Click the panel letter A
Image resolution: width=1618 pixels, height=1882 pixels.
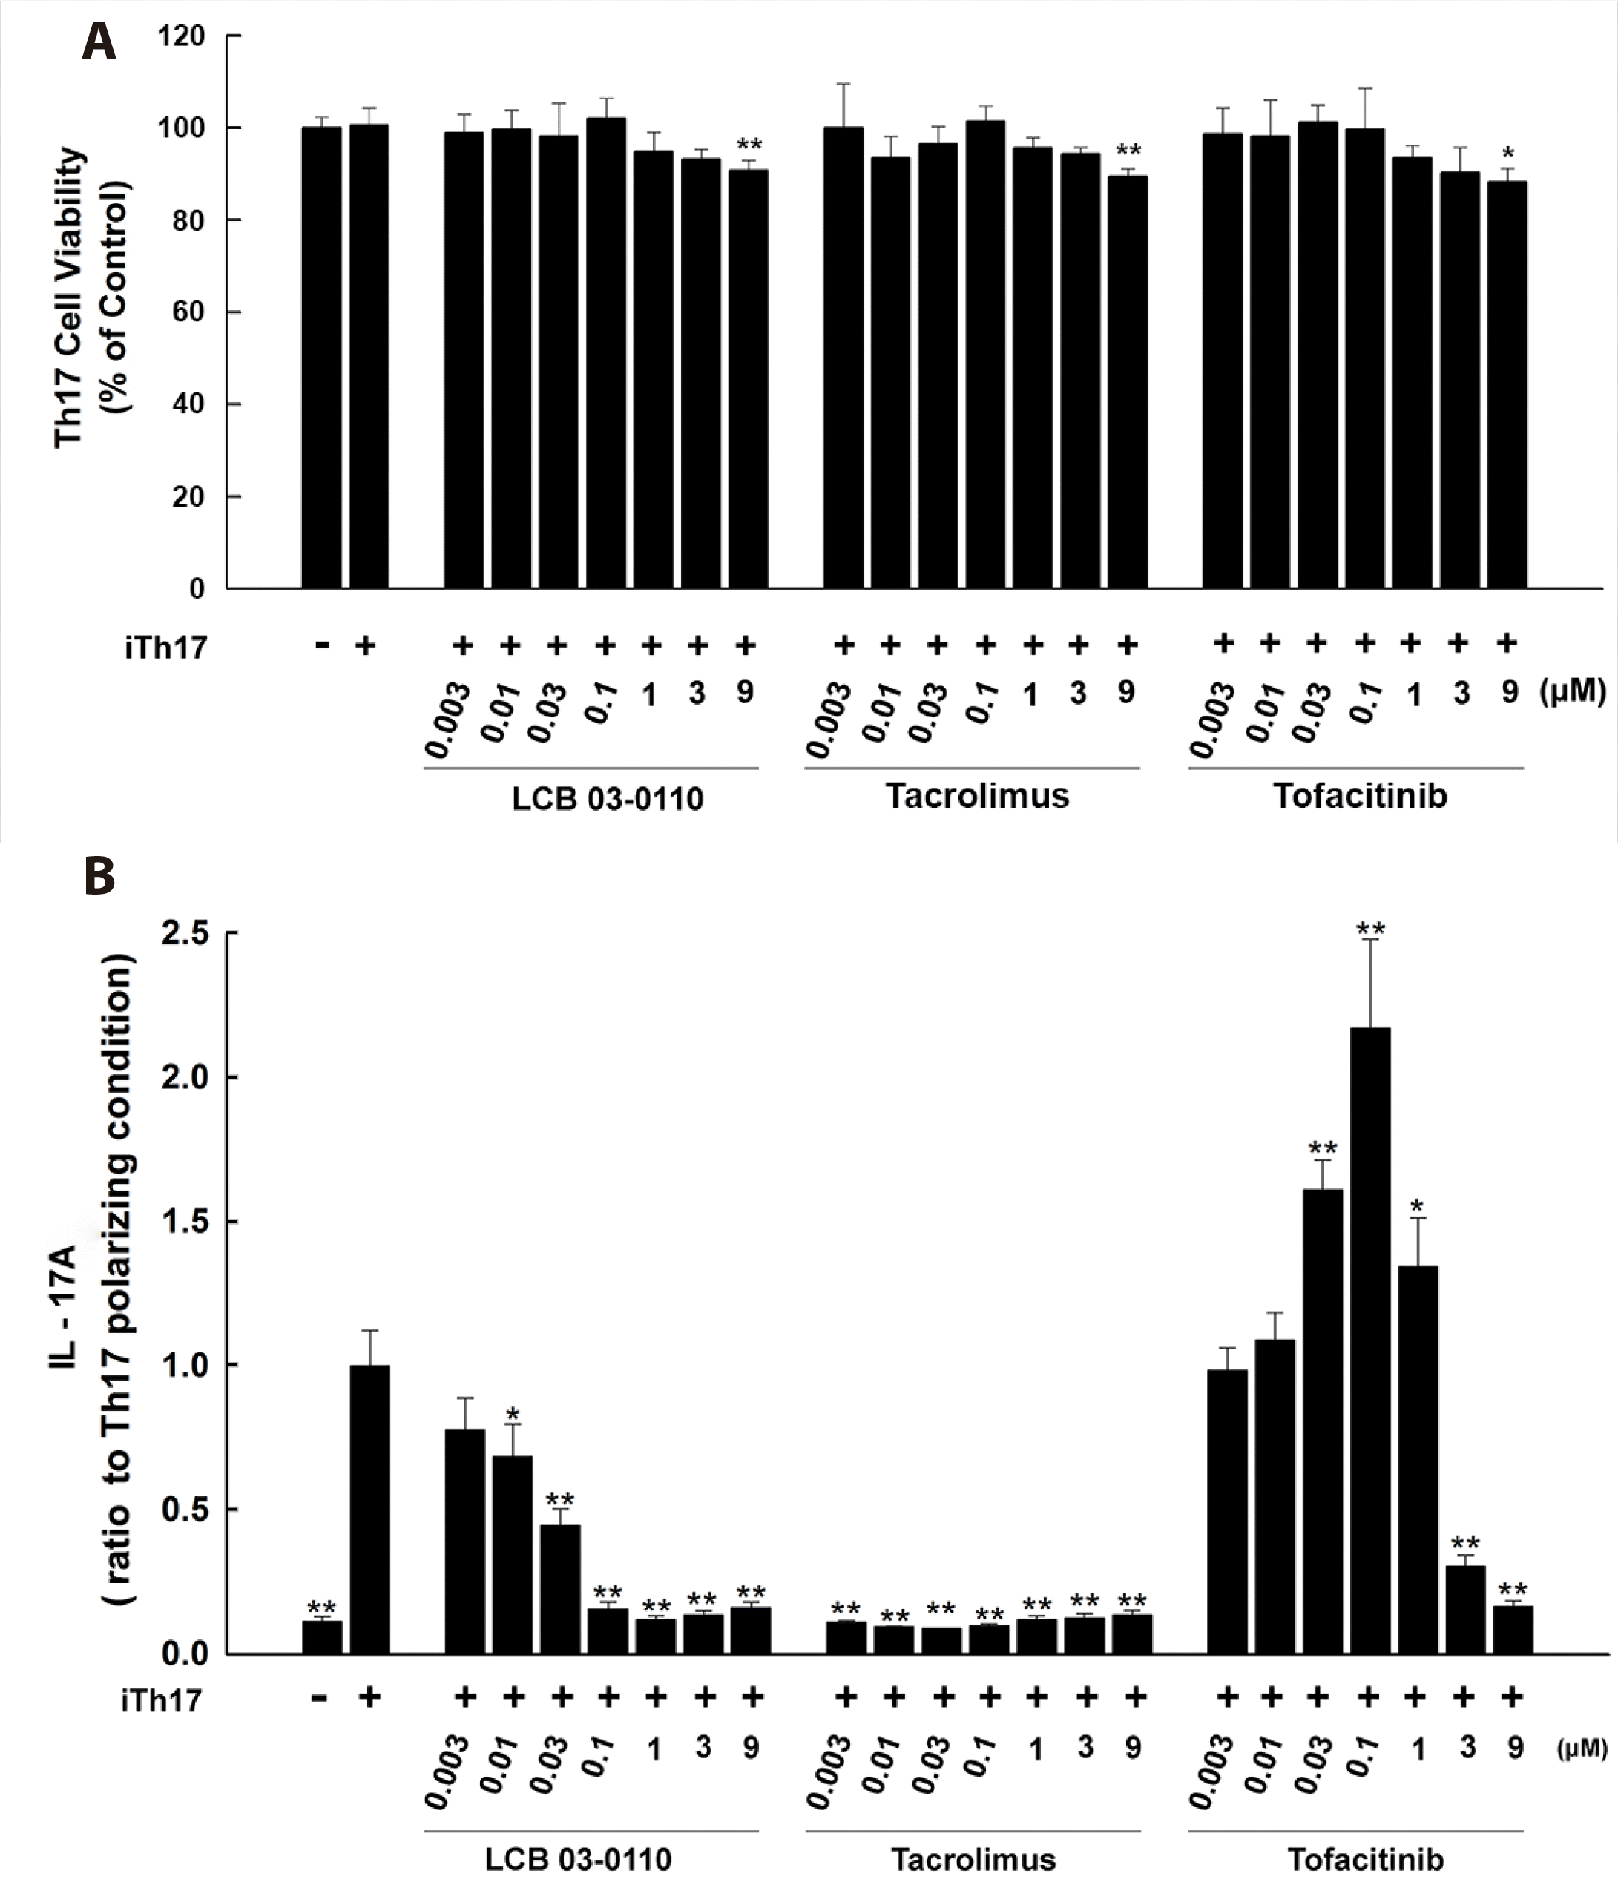[98, 43]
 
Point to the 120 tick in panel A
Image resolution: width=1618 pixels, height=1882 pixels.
[182, 36]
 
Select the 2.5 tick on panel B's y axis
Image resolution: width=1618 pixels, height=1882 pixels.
[185, 932]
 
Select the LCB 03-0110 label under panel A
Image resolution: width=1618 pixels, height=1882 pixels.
[607, 798]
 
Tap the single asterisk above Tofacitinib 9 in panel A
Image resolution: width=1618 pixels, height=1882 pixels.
[1508, 154]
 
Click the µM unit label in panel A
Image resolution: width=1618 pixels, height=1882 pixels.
[1573, 692]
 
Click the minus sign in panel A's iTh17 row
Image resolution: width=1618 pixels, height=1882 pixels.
[320, 646]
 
